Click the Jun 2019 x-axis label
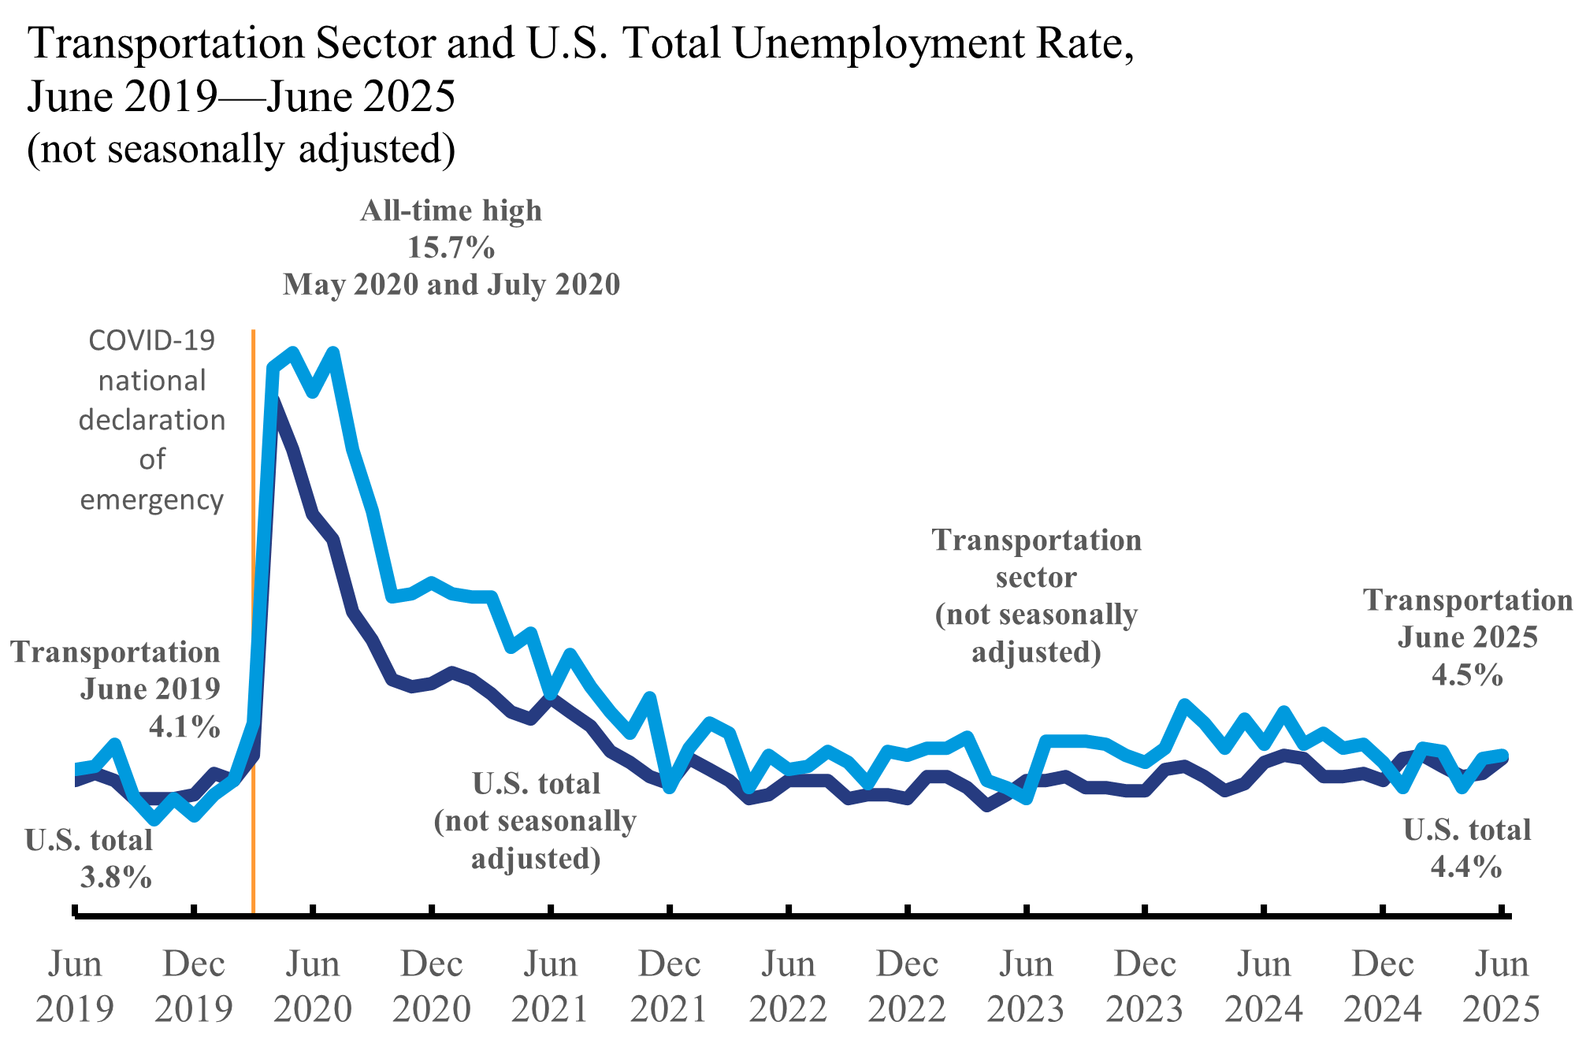tap(75, 986)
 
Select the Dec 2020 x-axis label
tap(432, 986)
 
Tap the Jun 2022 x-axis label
tap(788, 986)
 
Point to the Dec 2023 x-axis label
tap(1145, 986)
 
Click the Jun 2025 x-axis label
tap(1502, 986)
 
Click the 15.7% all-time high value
tap(451, 248)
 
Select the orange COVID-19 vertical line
tap(253, 630)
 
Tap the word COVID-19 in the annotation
tap(151, 340)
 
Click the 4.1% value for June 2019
tap(184, 726)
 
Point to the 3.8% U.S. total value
tap(116, 877)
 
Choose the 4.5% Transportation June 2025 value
tap(1467, 675)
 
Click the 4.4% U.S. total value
tap(1466, 867)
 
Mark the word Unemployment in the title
tap(878, 43)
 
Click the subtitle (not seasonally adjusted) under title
tap(241, 149)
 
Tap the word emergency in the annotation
tap(151, 500)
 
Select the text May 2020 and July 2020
tap(451, 284)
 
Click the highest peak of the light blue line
tap(333, 352)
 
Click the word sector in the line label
tap(1035, 578)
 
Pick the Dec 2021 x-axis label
tap(670, 986)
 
